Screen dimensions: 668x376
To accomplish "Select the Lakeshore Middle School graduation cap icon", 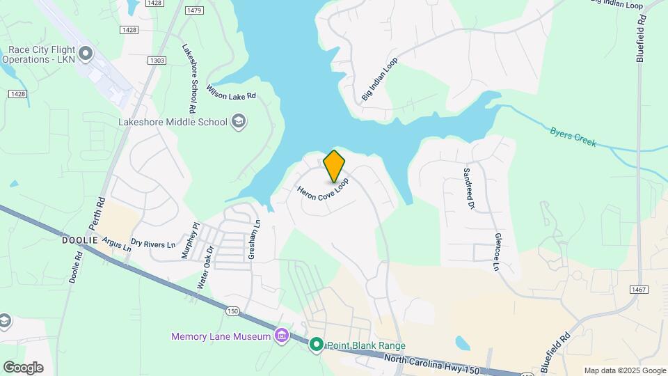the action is pos(239,123).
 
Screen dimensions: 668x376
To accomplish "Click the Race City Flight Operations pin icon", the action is pos(86,53).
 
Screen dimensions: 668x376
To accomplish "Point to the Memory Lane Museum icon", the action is pos(281,337).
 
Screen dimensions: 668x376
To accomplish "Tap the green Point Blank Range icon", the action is pos(317,345).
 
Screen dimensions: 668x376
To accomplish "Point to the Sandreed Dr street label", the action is pos(469,188).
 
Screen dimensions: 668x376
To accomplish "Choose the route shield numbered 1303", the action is pos(157,61).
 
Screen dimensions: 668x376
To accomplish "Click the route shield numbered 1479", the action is pos(195,10).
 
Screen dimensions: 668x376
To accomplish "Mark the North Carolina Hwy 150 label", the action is pos(431,363).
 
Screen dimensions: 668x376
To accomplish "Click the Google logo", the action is pos(23,367).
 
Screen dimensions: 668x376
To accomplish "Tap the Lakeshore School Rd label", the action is pos(189,79).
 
